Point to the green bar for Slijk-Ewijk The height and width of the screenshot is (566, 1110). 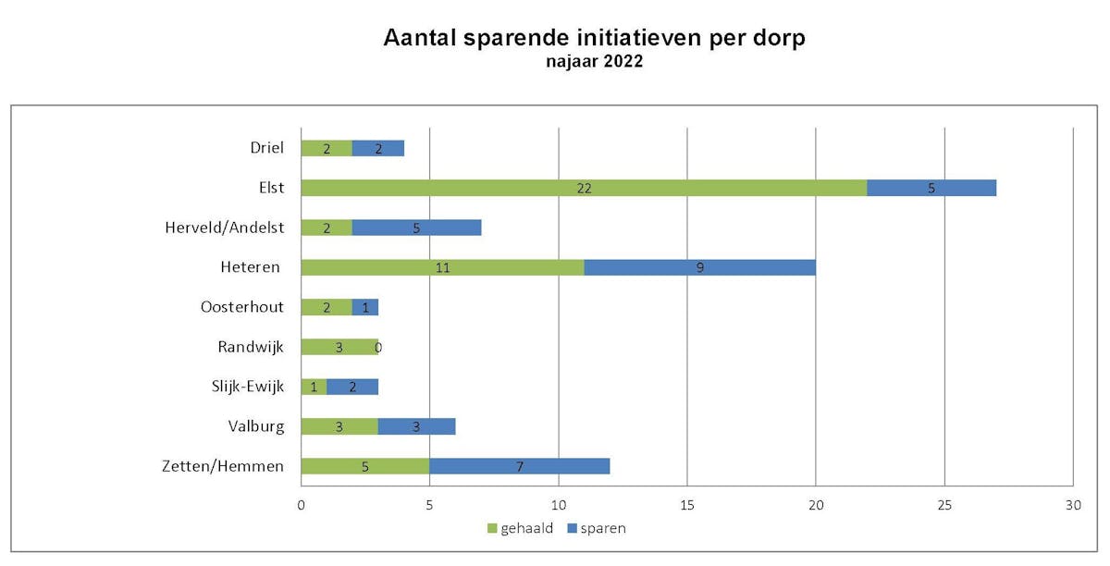(x=314, y=387)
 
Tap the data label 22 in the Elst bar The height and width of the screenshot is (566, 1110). (x=583, y=188)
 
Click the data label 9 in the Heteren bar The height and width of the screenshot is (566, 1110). (x=700, y=267)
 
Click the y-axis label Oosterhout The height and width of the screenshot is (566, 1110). (x=242, y=307)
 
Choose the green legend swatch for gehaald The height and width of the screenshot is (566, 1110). (x=492, y=528)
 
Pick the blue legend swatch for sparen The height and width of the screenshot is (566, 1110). (x=572, y=528)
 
